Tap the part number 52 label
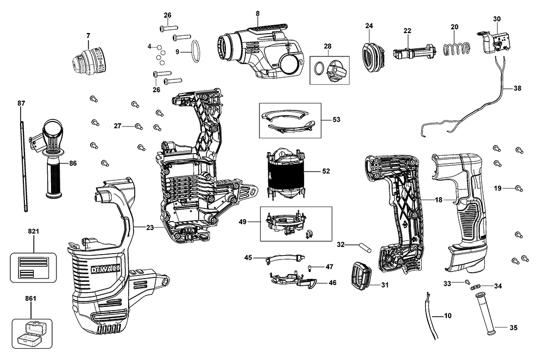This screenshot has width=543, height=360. click(326, 172)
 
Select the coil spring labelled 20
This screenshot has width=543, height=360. click(455, 49)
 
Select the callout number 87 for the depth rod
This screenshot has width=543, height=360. click(21, 103)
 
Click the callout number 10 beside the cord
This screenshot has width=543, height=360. click(447, 315)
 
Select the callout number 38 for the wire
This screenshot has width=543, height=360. click(517, 88)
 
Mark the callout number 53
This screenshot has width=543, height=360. click(337, 119)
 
